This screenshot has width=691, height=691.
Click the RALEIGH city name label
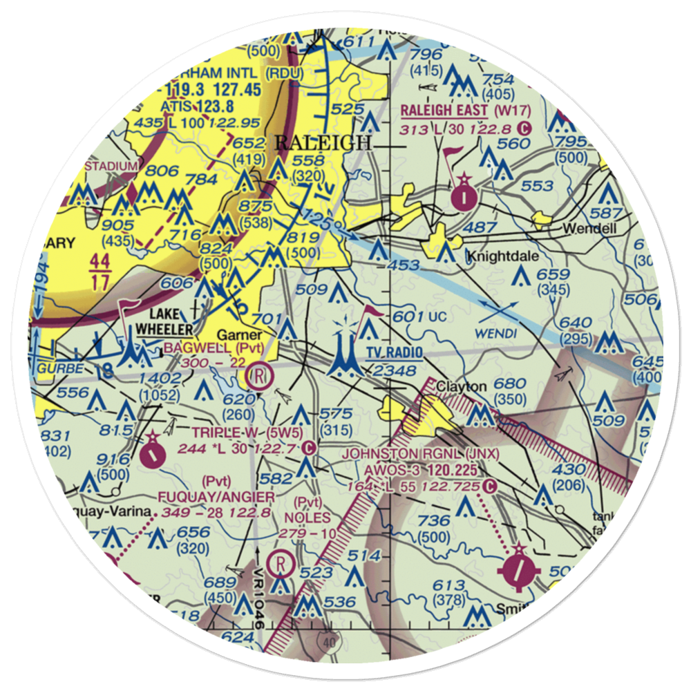pyautogui.click(x=323, y=143)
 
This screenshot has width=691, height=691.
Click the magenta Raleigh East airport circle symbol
pyautogui.click(x=464, y=198)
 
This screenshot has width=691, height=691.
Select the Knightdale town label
pyautogui.click(x=497, y=256)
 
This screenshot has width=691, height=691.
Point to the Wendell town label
pyautogui.click(x=589, y=228)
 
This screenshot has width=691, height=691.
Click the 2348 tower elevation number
pyautogui.click(x=392, y=371)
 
